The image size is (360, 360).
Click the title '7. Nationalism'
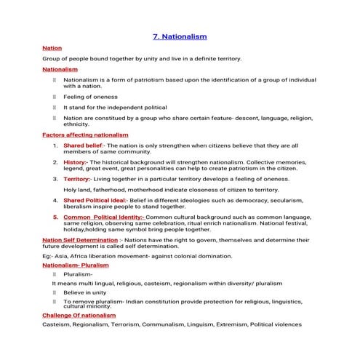[180, 36]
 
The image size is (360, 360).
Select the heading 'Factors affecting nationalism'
[85, 135]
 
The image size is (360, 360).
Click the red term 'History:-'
[76, 161]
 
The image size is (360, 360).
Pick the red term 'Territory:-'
[78, 178]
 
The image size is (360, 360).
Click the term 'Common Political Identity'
[103, 216]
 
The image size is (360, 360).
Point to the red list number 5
[55, 216]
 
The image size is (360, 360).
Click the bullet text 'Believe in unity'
[86, 292]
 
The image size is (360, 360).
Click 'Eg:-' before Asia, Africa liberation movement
[48, 256]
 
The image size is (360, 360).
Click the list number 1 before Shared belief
[55, 145]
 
